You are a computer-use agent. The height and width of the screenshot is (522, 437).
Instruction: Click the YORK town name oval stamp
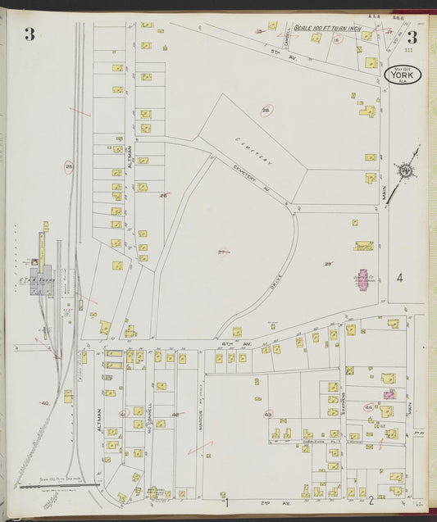pyautogui.click(x=403, y=76)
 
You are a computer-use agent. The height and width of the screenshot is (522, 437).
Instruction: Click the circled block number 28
pyautogui.click(x=266, y=111)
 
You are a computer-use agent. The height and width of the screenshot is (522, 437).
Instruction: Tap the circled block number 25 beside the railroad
pyautogui.click(x=70, y=168)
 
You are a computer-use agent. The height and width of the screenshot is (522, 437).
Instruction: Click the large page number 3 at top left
pyautogui.click(x=30, y=34)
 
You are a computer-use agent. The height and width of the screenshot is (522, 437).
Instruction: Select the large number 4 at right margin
pyautogui.click(x=400, y=278)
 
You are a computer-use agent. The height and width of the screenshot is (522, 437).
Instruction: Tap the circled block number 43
pyautogui.click(x=268, y=415)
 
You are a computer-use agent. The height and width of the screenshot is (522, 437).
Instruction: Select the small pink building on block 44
pyautogui.click(x=389, y=394)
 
